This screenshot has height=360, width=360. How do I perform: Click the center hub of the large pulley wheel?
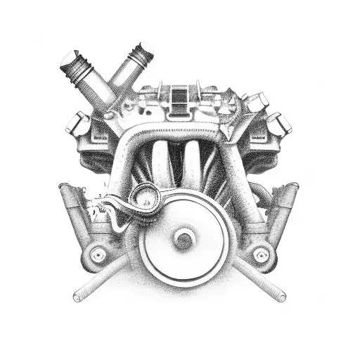pyautogui.click(x=185, y=239)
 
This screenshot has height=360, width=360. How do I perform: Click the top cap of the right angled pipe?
pyautogui.click(x=143, y=53)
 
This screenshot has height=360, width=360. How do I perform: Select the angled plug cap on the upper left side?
pyautogui.click(x=78, y=124)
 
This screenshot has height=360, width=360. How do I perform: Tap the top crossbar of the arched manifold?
pyautogui.click(x=180, y=129)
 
